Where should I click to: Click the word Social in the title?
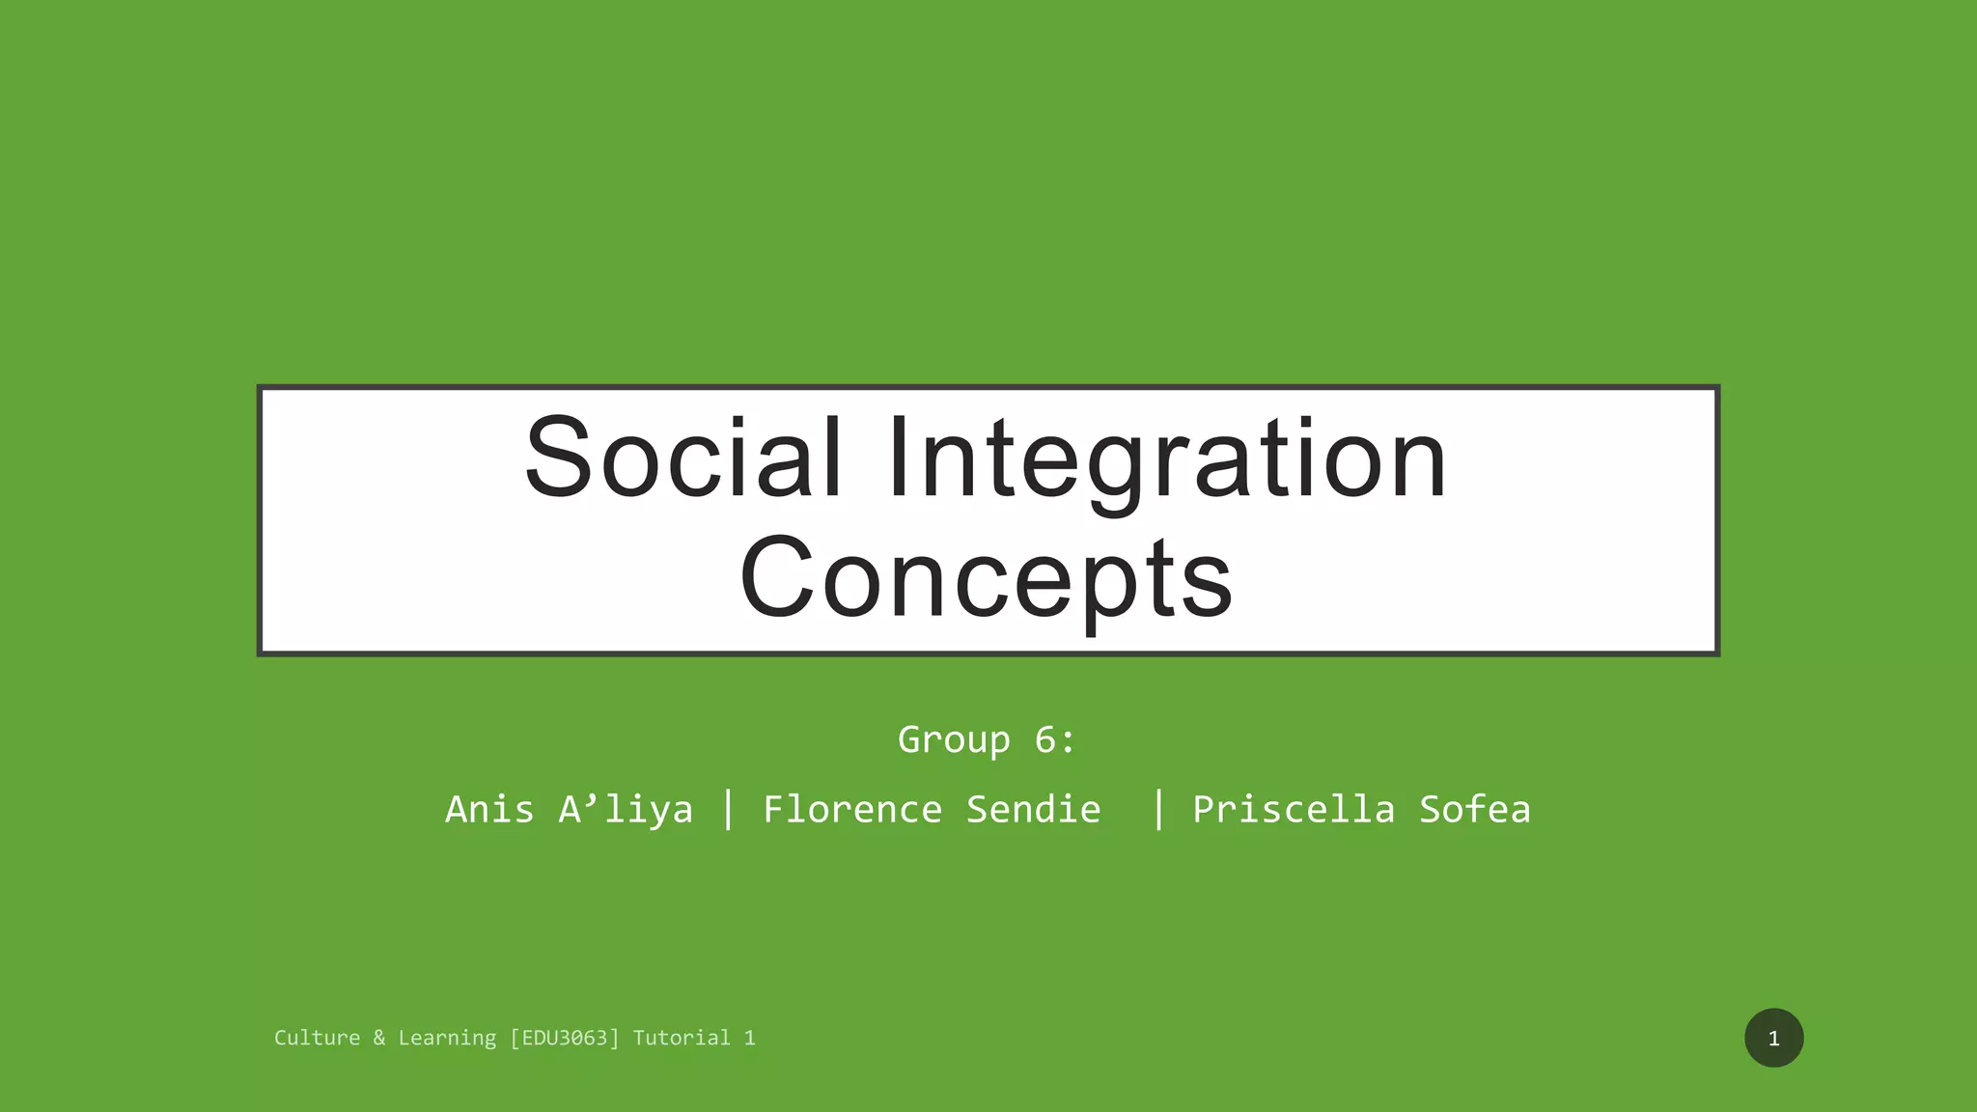[683, 458]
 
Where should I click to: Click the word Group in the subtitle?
[954, 740]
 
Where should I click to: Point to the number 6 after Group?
[1045, 740]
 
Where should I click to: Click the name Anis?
[489, 809]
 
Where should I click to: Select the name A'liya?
[626, 809]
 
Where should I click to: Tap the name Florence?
[852, 809]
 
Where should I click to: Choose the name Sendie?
[1033, 809]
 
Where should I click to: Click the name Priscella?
[1294, 809]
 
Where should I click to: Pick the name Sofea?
[1474, 809]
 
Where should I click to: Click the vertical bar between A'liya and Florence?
[729, 809]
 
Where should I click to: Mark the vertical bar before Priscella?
[1158, 809]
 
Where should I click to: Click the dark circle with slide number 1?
[1773, 1038]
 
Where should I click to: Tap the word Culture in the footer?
[317, 1038]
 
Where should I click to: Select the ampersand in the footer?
[379, 1038]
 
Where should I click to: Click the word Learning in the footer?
[447, 1038]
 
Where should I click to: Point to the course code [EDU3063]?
[565, 1038]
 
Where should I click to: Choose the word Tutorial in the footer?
[682, 1038]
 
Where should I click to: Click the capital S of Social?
[558, 458]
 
